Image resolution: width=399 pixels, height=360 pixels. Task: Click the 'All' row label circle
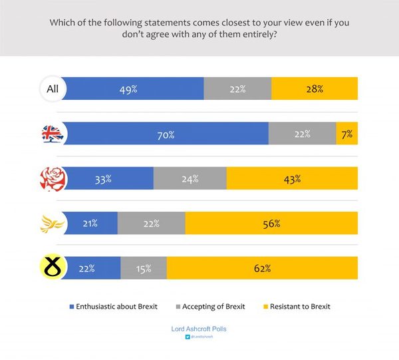click(x=51, y=89)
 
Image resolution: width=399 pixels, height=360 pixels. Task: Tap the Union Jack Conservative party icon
click(x=51, y=134)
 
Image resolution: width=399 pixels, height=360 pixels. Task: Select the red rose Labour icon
click(x=51, y=178)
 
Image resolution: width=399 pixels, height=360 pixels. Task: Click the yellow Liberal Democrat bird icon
click(x=51, y=224)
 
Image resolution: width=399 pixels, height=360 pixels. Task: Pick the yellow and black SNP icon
click(x=51, y=268)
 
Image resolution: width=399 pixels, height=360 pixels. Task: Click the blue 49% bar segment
click(x=133, y=89)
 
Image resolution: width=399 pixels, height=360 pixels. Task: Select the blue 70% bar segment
click(x=166, y=134)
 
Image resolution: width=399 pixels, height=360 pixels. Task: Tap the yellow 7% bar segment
click(x=346, y=134)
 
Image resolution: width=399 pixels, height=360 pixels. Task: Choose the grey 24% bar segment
click(x=190, y=178)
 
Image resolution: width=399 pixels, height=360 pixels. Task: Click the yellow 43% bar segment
click(x=292, y=178)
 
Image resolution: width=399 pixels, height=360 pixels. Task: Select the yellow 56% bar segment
click(x=271, y=224)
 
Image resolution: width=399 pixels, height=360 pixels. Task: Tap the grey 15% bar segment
click(x=144, y=268)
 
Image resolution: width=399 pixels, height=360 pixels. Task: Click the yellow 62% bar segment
click(x=262, y=268)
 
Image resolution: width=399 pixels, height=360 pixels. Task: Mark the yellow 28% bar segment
click(x=315, y=89)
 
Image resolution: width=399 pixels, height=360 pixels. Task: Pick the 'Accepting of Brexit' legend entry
click(x=211, y=307)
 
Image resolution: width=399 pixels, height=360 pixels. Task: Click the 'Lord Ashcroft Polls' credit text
click(x=199, y=329)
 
